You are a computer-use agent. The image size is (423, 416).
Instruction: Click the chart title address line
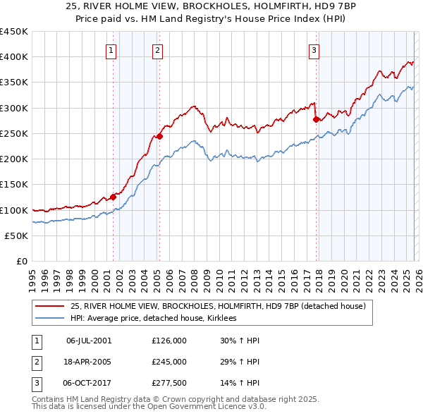tap(211, 6)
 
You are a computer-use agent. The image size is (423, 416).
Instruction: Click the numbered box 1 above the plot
tap(112, 49)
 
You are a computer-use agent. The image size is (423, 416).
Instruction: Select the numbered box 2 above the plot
tap(157, 49)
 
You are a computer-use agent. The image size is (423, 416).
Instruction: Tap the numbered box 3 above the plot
tap(314, 49)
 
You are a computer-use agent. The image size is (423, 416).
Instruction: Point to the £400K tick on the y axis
tap(14, 57)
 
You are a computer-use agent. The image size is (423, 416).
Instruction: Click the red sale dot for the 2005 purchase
tap(160, 136)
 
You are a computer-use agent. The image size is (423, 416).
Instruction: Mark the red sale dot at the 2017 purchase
tap(316, 119)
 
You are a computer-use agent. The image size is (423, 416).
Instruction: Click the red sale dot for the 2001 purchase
tap(113, 197)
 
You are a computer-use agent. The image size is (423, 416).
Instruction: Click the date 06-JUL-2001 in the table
tap(88, 341)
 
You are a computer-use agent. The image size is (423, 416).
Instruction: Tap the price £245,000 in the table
tap(169, 362)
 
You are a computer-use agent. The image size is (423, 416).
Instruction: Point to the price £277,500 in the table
tap(169, 383)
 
